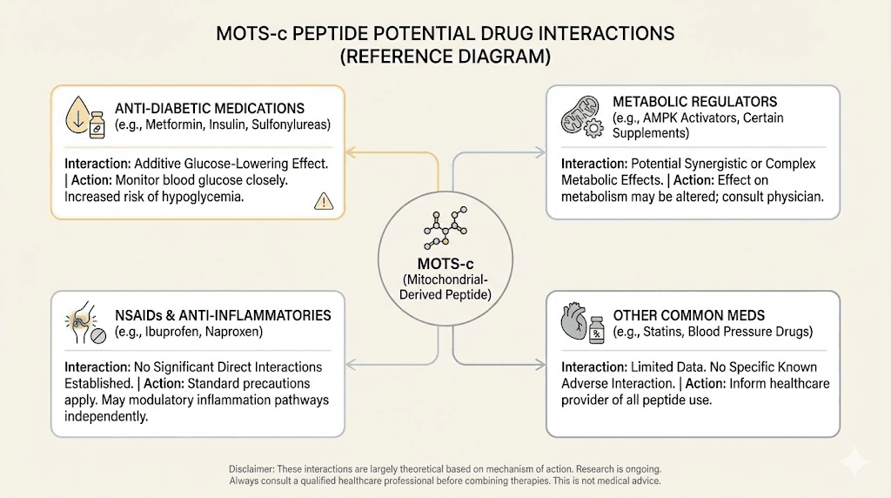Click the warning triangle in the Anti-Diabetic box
[x=322, y=201]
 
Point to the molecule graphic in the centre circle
[x=445, y=227]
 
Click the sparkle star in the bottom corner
[x=855, y=461]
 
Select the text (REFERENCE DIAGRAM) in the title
[x=445, y=57]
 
